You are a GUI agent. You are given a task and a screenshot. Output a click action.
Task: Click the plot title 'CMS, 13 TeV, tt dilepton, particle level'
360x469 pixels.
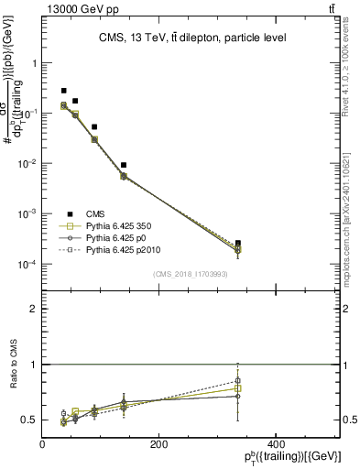click(192, 38)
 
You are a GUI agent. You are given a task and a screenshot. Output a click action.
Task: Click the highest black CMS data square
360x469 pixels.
click(63, 91)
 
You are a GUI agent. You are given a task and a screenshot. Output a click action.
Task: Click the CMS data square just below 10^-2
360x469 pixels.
click(124, 165)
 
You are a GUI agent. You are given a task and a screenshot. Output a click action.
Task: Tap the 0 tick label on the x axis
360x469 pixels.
click(43, 444)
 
